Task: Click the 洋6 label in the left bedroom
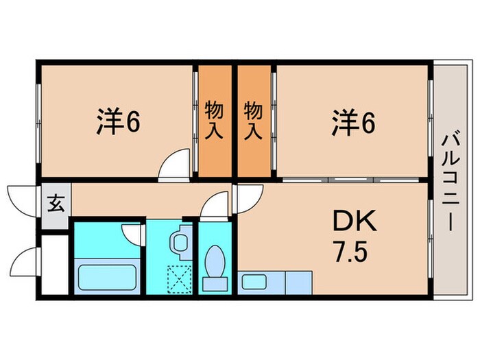pyautogui.click(x=118, y=122)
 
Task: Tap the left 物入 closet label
pyautogui.click(x=215, y=120)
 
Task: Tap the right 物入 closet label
pyautogui.click(x=254, y=120)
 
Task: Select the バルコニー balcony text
pyautogui.click(x=450, y=181)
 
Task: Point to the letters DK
pyautogui.click(x=355, y=221)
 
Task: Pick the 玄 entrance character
pyautogui.click(x=56, y=203)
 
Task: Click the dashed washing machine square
pyautogui.click(x=178, y=279)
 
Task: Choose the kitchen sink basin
pyautogui.click(x=255, y=282)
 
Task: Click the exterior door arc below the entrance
pyautogui.click(x=23, y=263)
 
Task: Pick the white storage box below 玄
pyautogui.click(x=54, y=265)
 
